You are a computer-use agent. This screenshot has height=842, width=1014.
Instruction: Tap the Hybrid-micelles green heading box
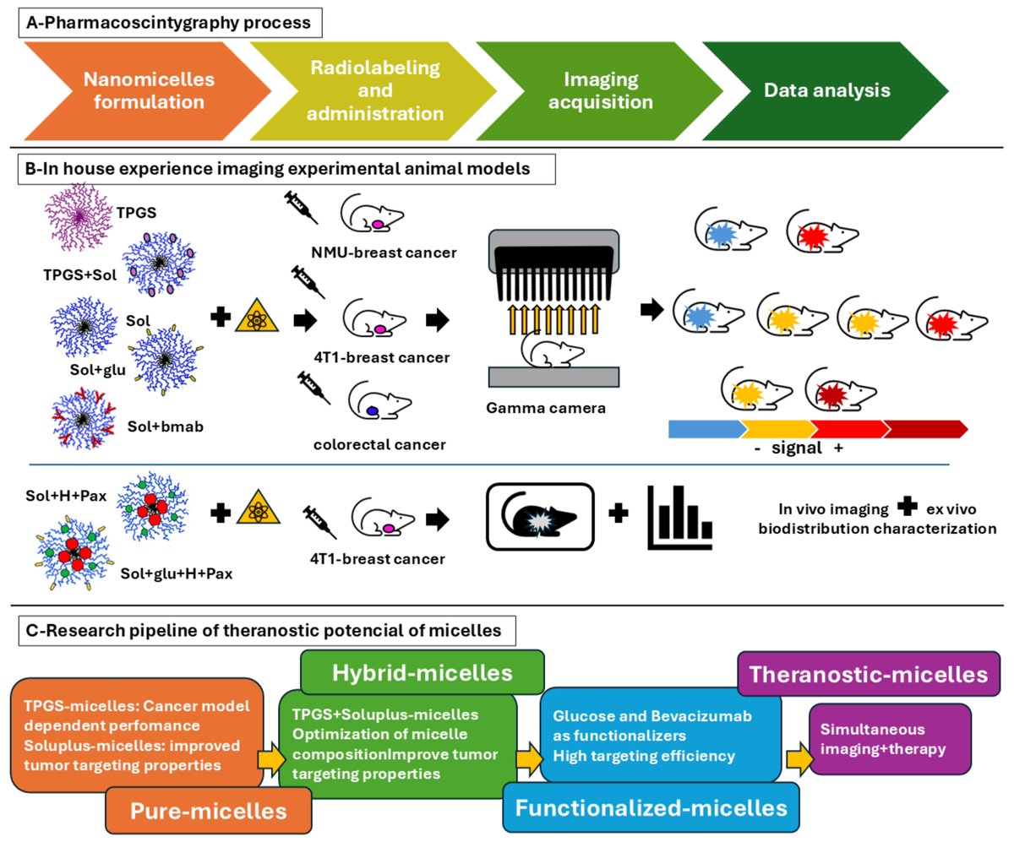click(x=421, y=671)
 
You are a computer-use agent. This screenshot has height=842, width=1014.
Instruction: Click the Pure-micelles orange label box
click(x=208, y=810)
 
